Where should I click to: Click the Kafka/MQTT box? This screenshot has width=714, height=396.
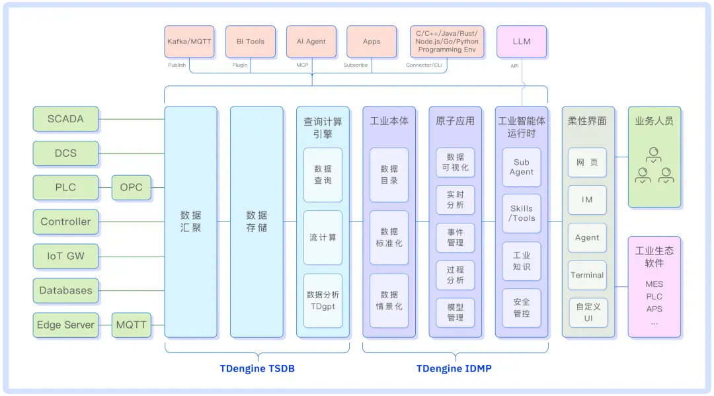click(189, 42)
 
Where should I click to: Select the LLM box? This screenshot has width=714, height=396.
click(522, 42)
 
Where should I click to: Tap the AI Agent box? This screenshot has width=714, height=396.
click(311, 42)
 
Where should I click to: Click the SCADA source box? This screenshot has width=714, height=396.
click(65, 119)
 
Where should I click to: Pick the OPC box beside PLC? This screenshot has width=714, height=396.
click(131, 188)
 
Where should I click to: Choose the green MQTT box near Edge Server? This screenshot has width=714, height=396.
click(131, 325)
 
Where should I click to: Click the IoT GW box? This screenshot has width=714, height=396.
click(65, 257)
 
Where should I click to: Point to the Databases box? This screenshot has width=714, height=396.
click(65, 290)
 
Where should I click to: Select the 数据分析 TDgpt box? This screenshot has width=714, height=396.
click(323, 300)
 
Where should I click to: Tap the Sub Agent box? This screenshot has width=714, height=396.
click(522, 167)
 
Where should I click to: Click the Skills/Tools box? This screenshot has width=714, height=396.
click(522, 214)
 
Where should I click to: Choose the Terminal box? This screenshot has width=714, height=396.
click(587, 275)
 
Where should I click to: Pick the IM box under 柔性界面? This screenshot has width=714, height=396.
click(587, 200)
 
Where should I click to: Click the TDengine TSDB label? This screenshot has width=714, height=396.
click(257, 369)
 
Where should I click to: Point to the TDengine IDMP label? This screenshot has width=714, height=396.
click(454, 369)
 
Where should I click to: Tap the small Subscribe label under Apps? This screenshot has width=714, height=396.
click(355, 65)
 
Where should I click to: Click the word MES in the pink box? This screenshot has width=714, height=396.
click(654, 284)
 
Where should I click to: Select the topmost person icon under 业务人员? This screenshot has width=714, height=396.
click(653, 155)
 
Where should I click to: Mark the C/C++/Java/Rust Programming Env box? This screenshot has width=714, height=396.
click(447, 42)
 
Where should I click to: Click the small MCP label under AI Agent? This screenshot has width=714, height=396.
click(302, 65)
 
